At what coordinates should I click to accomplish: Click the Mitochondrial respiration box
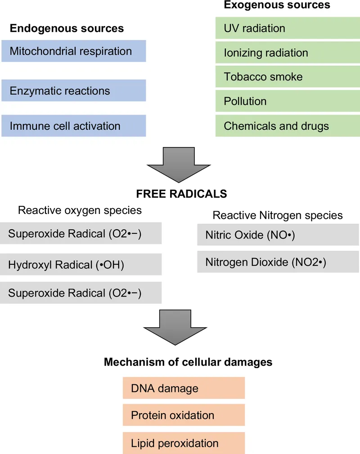[73, 51]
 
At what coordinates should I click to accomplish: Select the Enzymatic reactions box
[73, 90]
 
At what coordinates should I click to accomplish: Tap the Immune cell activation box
[73, 125]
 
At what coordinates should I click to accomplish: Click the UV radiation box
[288, 28]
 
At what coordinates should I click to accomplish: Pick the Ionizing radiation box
[288, 53]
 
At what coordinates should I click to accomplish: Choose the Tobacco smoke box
[288, 77]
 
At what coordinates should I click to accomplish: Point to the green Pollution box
[288, 101]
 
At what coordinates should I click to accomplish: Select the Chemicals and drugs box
[288, 125]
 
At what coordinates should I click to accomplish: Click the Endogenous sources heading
[67, 29]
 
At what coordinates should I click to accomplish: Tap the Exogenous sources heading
[277, 5]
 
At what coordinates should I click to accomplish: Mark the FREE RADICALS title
[181, 194]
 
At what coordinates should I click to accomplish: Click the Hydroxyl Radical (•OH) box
[81, 265]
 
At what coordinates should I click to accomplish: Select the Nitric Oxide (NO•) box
[278, 235]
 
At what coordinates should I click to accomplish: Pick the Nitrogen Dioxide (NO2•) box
[278, 262]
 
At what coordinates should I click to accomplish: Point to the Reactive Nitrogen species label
[277, 215]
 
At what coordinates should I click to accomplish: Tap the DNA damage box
[184, 388]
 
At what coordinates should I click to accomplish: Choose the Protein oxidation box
[184, 415]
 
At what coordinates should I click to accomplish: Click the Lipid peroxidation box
[184, 443]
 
